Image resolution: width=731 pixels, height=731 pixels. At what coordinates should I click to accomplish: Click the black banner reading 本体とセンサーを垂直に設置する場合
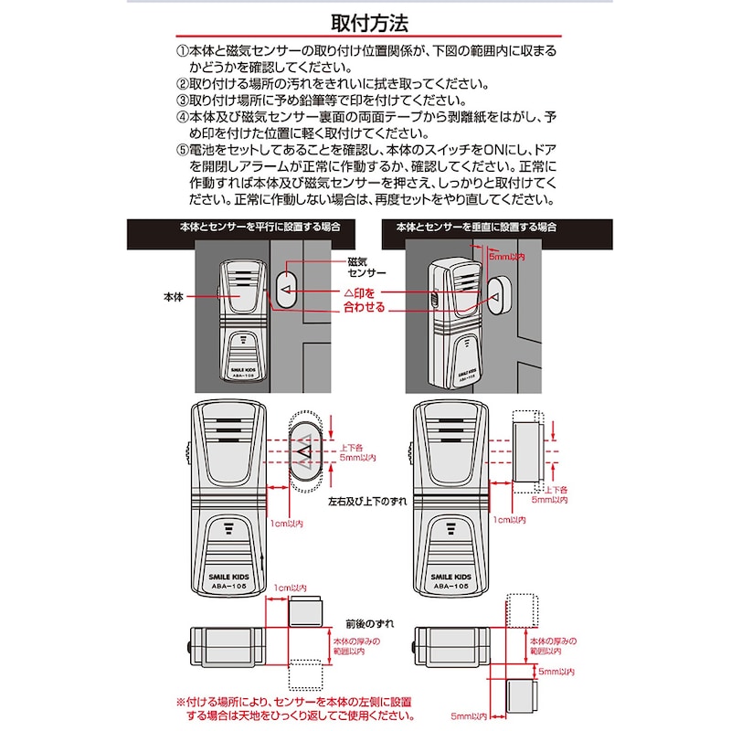click(x=476, y=226)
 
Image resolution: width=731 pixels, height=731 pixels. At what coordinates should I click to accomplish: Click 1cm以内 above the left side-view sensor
click(x=291, y=588)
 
